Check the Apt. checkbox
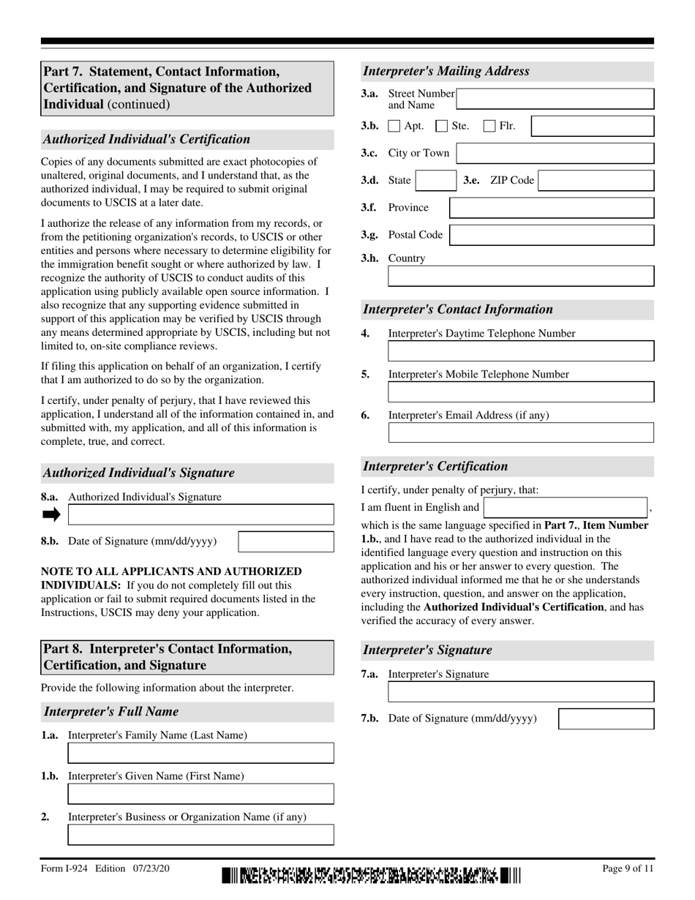point(394,127)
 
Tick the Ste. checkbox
point(441,127)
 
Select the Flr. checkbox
point(489,127)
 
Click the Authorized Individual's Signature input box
point(200,514)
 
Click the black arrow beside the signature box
point(51,514)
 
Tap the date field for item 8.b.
point(286,541)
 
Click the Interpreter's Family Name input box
point(200,753)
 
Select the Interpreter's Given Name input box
point(200,794)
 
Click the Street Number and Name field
point(555,99)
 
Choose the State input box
point(436,181)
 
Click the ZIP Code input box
point(596,181)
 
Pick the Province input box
point(552,208)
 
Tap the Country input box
point(521,276)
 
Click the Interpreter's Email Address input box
point(521,432)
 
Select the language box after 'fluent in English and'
point(566,508)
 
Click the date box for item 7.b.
point(606,719)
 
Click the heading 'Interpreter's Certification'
point(435,466)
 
